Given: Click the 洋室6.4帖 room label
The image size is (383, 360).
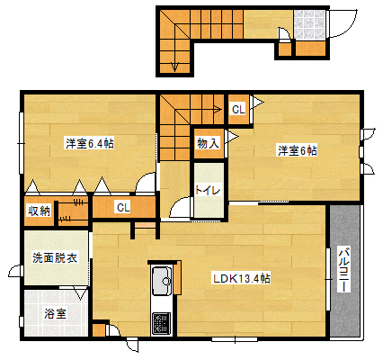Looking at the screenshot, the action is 90,144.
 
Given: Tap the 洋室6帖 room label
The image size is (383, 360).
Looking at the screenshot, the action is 298,150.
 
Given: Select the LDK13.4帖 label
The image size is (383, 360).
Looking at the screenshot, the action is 242,279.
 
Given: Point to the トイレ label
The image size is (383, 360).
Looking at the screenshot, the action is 208,190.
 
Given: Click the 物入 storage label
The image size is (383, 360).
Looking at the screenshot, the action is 209,143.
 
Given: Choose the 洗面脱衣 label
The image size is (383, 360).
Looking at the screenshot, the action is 55,257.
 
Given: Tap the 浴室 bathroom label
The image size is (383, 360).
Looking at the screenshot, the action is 55,313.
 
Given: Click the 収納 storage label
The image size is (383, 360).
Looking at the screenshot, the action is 40,211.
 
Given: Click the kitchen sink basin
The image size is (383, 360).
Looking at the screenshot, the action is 162,281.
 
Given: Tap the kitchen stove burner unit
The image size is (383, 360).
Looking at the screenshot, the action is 161,324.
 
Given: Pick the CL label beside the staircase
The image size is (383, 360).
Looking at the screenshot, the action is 238,110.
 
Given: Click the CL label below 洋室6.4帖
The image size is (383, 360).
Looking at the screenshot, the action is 123,208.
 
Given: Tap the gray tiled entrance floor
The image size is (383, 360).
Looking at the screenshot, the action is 309,25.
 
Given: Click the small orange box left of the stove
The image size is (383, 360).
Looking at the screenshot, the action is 98,330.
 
